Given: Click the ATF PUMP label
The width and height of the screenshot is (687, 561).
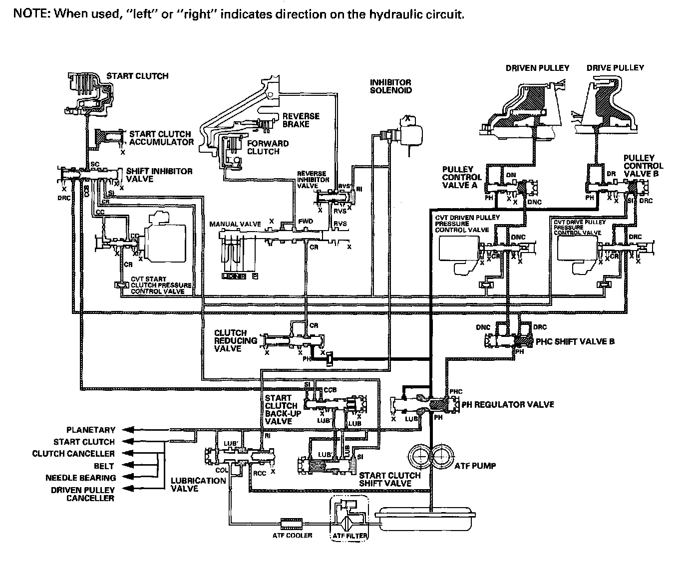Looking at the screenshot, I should (475, 466).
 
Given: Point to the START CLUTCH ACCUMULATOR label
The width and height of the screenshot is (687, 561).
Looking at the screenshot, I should (161, 138).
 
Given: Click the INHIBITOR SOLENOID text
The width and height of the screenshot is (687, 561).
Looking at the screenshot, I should (390, 86).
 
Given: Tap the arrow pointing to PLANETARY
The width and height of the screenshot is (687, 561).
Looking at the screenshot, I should (129, 430).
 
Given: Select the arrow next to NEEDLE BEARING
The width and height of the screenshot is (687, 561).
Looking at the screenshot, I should (129, 478).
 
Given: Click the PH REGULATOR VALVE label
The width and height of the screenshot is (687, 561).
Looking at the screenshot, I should (508, 404).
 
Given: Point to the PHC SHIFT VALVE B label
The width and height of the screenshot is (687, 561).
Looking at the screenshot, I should (575, 342).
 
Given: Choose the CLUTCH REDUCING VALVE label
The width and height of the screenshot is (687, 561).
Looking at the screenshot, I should (236, 341).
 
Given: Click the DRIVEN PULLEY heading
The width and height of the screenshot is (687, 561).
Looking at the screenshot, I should (537, 68).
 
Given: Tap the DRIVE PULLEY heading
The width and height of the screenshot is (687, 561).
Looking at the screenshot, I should (615, 68).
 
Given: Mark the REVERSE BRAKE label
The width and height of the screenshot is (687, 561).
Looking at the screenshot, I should (301, 120).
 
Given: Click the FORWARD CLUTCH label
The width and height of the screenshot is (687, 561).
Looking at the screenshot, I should (268, 147).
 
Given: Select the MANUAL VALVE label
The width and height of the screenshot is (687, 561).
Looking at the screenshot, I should (235, 224).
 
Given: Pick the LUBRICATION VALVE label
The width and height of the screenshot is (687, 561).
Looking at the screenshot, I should (198, 485).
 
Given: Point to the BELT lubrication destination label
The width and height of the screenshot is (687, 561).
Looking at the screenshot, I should (104, 466).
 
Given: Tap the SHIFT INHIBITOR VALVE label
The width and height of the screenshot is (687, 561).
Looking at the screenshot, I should (159, 175).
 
